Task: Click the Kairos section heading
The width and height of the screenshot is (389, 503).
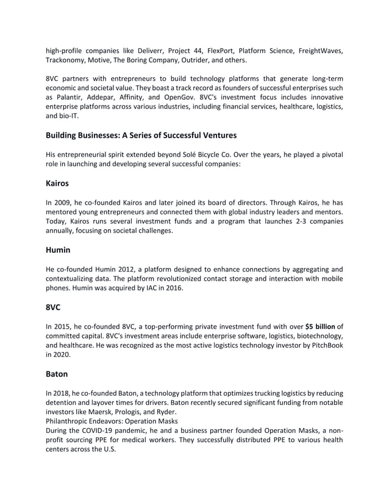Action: pos(59,182)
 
